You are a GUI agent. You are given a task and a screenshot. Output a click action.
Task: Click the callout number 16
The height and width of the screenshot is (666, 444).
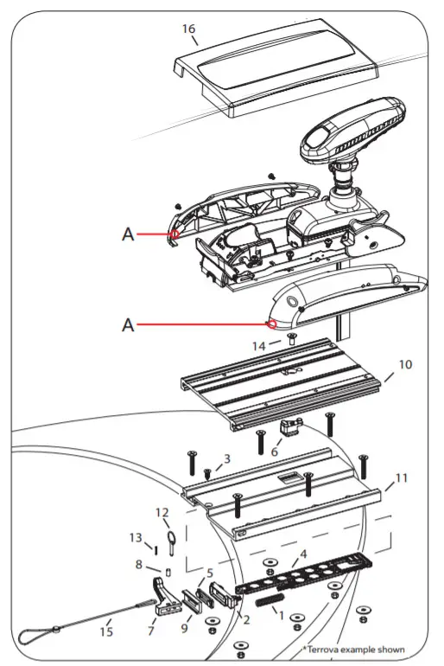[188, 29]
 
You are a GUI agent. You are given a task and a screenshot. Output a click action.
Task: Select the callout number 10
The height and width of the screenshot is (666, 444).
[405, 365]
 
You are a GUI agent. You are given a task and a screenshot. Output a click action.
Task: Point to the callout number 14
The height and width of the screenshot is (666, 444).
[259, 346]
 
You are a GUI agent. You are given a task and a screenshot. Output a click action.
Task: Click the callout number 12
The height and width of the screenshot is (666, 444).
[162, 512]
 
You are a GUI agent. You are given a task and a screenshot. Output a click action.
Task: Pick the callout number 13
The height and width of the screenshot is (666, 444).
[135, 537]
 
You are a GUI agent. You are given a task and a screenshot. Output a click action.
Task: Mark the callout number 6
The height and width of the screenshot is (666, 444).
[276, 451]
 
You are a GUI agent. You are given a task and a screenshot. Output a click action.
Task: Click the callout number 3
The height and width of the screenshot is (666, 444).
[227, 458]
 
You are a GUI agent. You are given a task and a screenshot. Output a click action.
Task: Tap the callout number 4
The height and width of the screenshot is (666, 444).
[302, 554]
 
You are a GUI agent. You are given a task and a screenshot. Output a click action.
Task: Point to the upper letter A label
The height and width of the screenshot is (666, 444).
[128, 234]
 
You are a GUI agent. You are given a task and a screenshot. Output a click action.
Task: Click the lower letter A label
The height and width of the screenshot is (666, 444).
[128, 325]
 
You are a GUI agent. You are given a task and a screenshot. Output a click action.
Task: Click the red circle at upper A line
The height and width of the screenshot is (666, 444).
[174, 233]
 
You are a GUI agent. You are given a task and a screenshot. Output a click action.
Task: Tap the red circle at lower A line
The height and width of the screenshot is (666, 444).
[272, 324]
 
